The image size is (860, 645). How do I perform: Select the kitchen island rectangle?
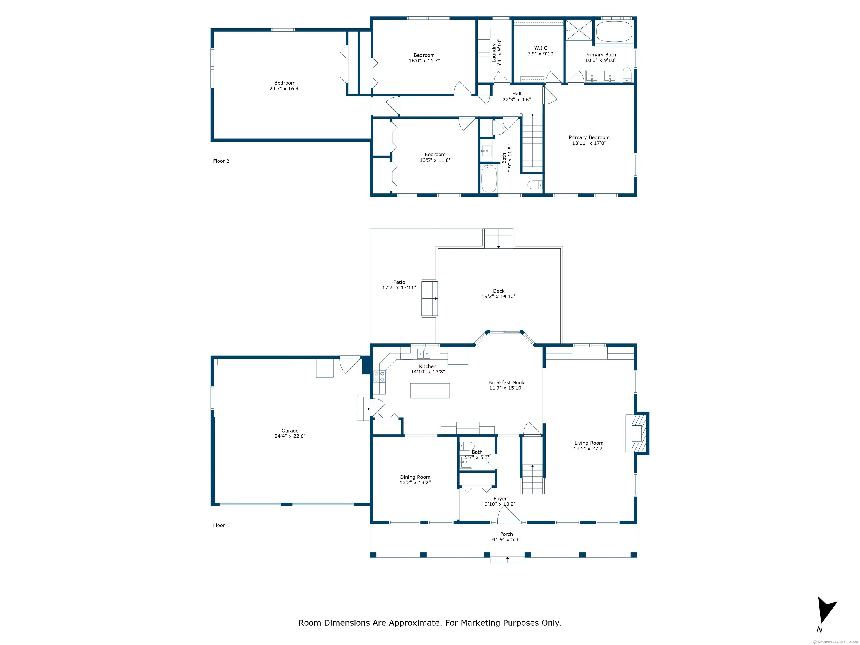430,390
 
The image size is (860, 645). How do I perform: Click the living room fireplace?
637,433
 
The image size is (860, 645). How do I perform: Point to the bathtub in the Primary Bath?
614,31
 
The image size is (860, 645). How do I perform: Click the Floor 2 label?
221,161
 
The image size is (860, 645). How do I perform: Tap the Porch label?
506,534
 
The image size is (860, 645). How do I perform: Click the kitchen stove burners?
379,376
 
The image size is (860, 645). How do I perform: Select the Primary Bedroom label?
589,137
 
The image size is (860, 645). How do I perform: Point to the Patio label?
399,282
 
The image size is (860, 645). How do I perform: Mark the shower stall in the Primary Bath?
579,30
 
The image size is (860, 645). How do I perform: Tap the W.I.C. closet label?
541,48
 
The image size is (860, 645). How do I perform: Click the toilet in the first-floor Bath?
467,446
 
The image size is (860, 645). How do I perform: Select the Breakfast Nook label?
506,383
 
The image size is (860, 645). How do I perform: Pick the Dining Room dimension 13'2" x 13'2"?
415,482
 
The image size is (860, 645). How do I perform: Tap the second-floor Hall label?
517,94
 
